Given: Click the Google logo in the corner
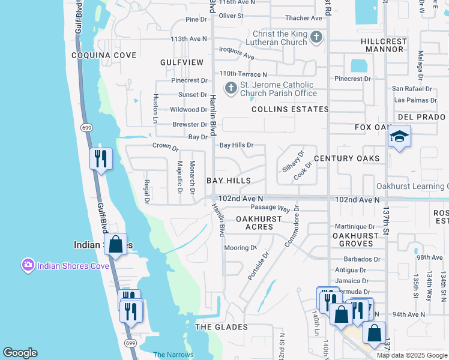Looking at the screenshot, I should click(x=20, y=353).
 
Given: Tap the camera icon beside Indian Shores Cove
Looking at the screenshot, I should click(x=28, y=265).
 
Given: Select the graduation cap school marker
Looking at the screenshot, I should click(x=399, y=137).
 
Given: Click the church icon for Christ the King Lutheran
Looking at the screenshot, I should click(x=316, y=38).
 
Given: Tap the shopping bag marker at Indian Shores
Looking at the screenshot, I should click(x=115, y=245).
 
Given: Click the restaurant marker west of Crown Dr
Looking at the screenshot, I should click(x=101, y=159).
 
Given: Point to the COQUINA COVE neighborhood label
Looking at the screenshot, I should click(x=104, y=55).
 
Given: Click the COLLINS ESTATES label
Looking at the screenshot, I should click(x=290, y=109).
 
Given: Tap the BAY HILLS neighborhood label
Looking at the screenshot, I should click(x=228, y=181).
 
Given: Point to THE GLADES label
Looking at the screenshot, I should click(x=221, y=327).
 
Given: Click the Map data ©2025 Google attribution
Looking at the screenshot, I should click(x=412, y=355).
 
